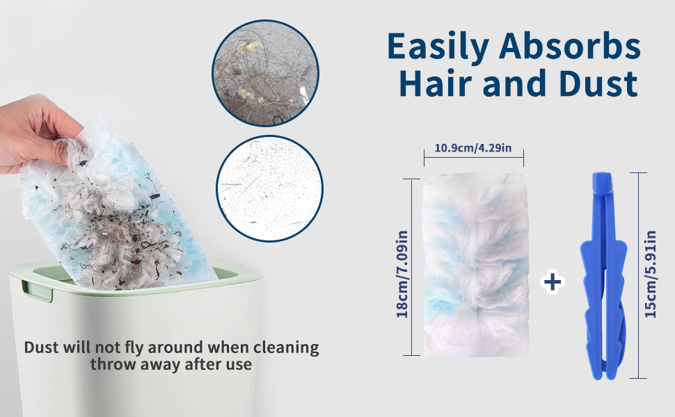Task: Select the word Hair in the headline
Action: coord(436,82)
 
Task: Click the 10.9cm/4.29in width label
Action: coord(473,148)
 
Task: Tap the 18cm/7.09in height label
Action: coord(402,275)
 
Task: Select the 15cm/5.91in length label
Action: coord(651,275)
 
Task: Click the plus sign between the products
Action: coord(553,282)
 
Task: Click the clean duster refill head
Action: coord(476,265)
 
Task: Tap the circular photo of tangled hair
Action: coord(265,73)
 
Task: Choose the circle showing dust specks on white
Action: coord(269,188)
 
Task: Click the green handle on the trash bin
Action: coord(37,291)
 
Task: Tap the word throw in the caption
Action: coord(110,364)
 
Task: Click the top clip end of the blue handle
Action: coord(601,182)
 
